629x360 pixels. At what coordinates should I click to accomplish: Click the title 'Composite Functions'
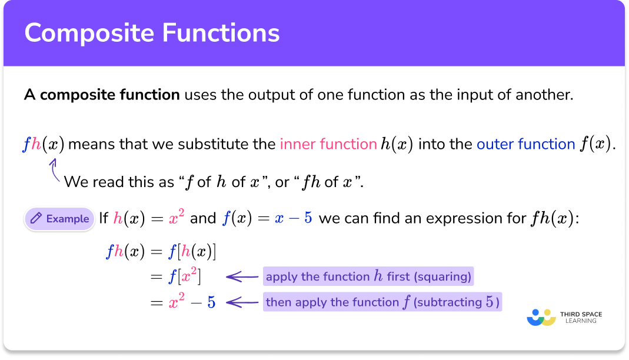click(x=152, y=34)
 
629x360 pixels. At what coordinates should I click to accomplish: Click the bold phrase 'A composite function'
click(x=102, y=95)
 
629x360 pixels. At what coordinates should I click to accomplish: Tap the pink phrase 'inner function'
click(x=328, y=144)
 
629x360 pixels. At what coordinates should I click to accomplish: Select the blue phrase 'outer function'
click(x=525, y=144)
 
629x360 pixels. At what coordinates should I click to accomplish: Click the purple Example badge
click(x=59, y=219)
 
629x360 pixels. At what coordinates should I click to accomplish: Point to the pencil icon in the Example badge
click(x=36, y=219)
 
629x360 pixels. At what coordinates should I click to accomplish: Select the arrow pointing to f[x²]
click(x=242, y=276)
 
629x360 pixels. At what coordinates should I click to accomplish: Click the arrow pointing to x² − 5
click(x=242, y=303)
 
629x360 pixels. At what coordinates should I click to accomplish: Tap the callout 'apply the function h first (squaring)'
click(x=368, y=276)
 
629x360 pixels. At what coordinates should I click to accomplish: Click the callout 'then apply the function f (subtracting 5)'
click(x=382, y=303)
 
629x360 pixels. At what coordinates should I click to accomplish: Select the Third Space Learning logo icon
click(x=541, y=317)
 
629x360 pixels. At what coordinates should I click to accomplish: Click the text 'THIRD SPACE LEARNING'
click(x=583, y=318)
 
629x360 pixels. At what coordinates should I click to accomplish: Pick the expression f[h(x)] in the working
click(x=192, y=252)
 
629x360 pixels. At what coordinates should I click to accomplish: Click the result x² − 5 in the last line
click(x=192, y=303)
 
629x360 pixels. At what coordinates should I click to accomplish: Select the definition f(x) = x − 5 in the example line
click(x=267, y=219)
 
